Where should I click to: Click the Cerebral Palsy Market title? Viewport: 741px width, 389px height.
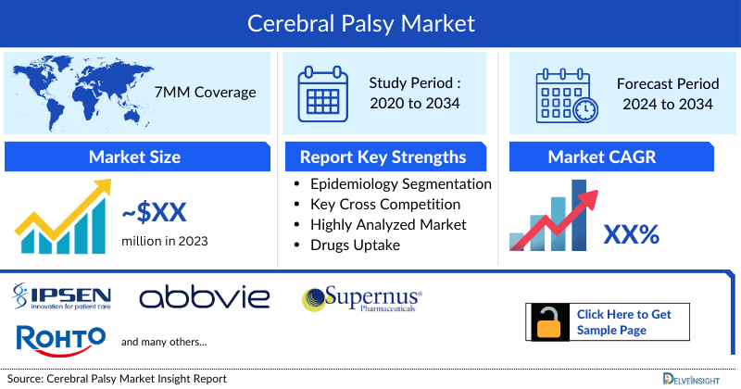(x=370, y=22)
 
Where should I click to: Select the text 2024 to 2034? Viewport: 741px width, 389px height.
(x=667, y=104)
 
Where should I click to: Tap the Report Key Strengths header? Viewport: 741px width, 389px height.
(x=383, y=157)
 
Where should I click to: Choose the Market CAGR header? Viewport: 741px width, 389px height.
(x=615, y=157)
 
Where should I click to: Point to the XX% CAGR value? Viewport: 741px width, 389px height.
(x=631, y=234)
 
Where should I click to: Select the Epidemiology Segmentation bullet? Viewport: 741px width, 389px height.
(x=400, y=184)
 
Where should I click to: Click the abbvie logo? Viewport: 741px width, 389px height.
(x=204, y=297)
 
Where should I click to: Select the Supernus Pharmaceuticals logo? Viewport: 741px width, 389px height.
(x=362, y=299)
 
